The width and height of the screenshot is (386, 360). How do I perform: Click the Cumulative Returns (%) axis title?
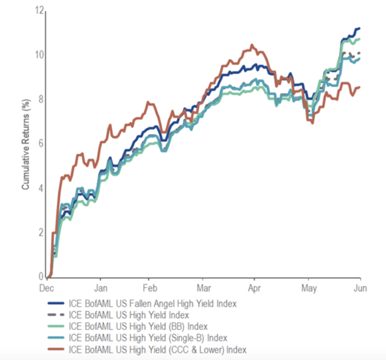25,144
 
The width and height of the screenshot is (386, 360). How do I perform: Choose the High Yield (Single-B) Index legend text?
149,338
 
